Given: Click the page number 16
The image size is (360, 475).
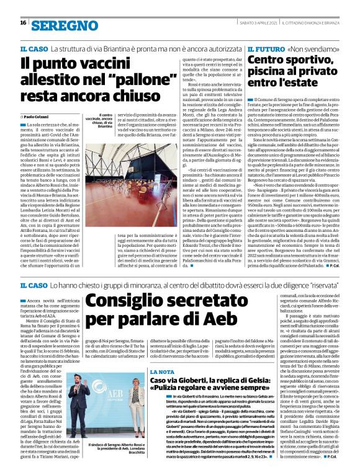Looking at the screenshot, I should click(22, 23).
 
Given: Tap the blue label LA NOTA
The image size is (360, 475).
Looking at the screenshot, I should click(162, 353).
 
